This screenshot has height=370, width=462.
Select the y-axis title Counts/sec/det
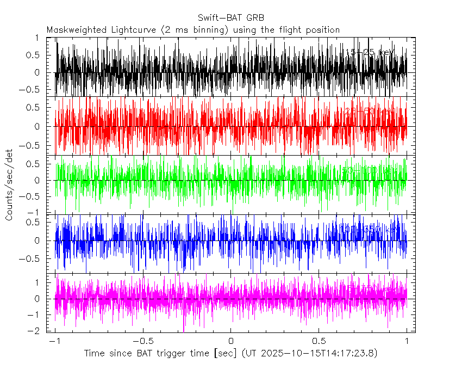point(9,185)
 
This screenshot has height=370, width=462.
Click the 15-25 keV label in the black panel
point(370,52)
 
